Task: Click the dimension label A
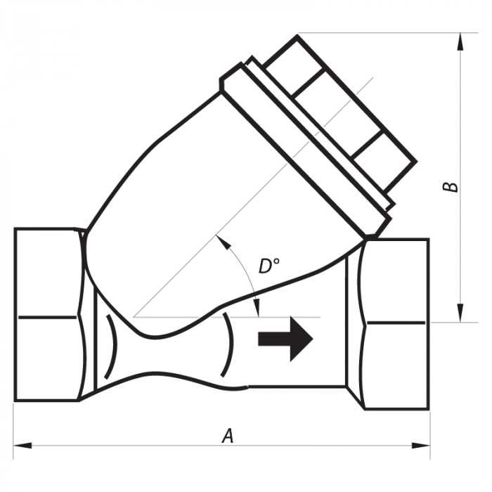(x=227, y=436)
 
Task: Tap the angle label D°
(x=268, y=266)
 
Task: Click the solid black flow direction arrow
(x=285, y=339)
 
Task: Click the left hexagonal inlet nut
(x=46, y=314)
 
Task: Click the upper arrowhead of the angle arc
(x=223, y=241)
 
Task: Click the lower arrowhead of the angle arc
(x=257, y=309)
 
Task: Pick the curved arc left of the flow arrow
(x=227, y=344)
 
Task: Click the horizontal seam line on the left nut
(x=46, y=317)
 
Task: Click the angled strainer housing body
(x=211, y=211)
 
